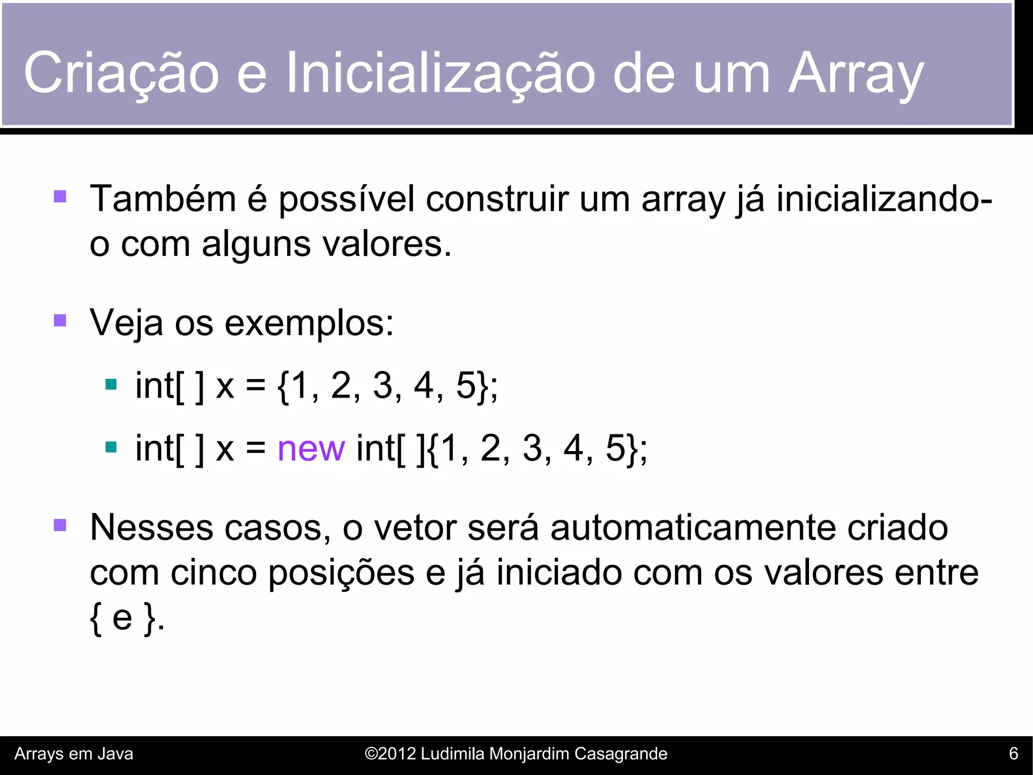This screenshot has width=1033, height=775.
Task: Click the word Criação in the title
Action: (x=121, y=73)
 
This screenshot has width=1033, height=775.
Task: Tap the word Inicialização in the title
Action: (x=441, y=73)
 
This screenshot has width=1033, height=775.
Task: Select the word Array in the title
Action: (x=856, y=73)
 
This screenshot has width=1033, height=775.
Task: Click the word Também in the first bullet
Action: (x=162, y=199)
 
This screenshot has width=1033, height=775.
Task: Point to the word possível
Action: (x=347, y=199)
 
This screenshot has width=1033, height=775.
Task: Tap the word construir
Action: (x=497, y=199)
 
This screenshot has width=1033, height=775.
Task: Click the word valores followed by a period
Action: (x=386, y=244)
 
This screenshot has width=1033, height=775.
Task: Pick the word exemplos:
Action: (x=309, y=323)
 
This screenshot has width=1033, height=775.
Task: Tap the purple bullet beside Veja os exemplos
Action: (x=60, y=320)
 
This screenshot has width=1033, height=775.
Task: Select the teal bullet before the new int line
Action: (x=111, y=447)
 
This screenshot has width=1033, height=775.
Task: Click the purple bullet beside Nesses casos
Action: (x=60, y=525)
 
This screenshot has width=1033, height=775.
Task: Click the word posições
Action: (x=341, y=573)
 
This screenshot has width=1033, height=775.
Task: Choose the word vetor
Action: (x=415, y=528)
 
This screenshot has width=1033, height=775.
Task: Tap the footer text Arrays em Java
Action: (x=74, y=754)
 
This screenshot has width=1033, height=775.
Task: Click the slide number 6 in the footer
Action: (x=1013, y=754)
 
